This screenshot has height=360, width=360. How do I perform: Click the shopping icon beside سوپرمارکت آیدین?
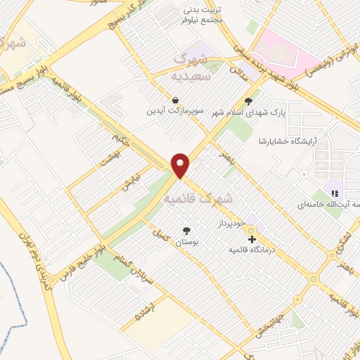(175, 99)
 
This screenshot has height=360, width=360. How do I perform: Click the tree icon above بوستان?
(186, 230)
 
